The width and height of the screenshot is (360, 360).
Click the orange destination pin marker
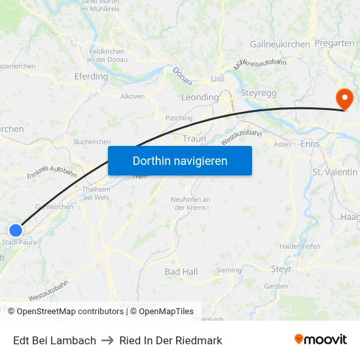click(x=344, y=99)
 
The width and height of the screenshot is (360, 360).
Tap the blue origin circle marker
click(x=16, y=230)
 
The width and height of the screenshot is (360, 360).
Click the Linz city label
click(x=218, y=79)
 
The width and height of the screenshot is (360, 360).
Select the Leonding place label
click(x=200, y=98)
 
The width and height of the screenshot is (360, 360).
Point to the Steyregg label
click(x=259, y=93)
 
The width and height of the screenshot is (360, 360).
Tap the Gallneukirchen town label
click(x=279, y=45)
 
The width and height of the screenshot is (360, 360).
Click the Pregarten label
click(x=334, y=43)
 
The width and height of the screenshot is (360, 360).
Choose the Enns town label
click(x=310, y=143)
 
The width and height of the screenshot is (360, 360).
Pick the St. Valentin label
click(x=335, y=172)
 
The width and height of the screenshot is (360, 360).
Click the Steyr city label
click(x=281, y=268)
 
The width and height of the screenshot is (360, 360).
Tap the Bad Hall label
click(x=181, y=272)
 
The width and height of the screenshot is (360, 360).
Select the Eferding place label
click(x=91, y=77)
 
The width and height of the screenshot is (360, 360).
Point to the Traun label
click(x=194, y=139)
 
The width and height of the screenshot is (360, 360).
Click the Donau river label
click(x=183, y=75)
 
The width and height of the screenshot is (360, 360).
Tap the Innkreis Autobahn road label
click(x=52, y=172)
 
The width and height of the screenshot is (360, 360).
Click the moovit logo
click(x=321, y=340)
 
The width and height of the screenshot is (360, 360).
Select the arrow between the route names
click(x=107, y=340)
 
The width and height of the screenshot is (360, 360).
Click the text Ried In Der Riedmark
click(x=170, y=340)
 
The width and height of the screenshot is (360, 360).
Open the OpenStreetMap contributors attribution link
click(x=65, y=312)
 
